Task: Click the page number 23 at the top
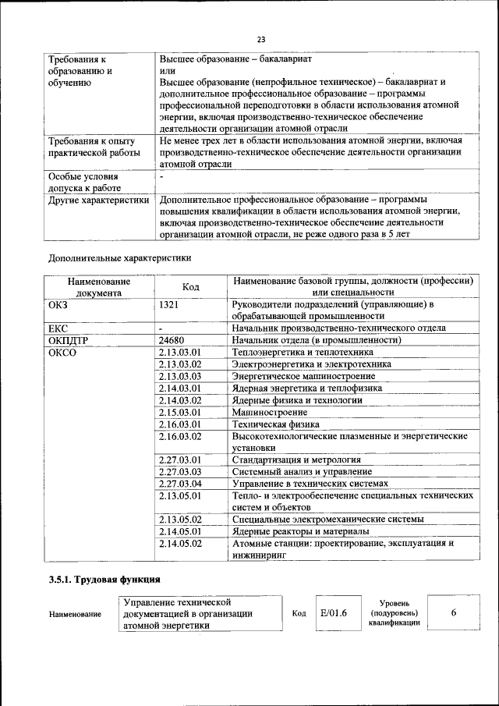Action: coord(260,40)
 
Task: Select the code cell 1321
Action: coord(171,304)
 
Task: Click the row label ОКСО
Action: coord(63,353)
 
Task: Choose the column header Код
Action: coord(190,286)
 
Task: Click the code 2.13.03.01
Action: coord(180,353)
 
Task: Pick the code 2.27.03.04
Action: coord(180,484)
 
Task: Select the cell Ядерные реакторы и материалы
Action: coord(296,531)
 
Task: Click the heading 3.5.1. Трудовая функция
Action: coord(104,579)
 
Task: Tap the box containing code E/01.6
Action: coord(334,612)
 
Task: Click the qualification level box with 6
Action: coord(453,612)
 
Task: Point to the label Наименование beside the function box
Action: coord(75,614)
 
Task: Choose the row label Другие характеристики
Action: coord(98,200)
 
